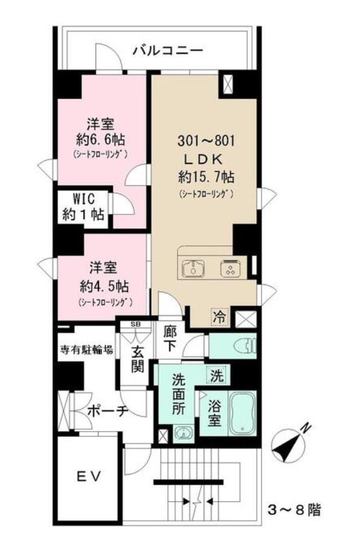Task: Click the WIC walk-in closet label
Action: (84, 207)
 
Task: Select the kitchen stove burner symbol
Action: (230, 268)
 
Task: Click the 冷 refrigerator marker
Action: (220, 315)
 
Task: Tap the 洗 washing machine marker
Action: (216, 375)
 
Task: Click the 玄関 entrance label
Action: (137, 358)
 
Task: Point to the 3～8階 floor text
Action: (294, 510)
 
